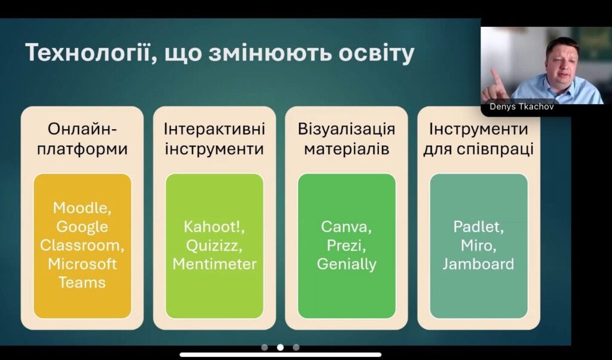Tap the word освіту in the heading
(376, 53)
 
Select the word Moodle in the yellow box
(82, 208)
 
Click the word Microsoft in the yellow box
(82, 264)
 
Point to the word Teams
(82, 282)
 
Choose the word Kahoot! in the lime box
(215, 227)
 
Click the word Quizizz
(215, 246)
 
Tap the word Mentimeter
(215, 264)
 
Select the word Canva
(346, 227)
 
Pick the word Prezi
(346, 246)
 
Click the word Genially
(346, 264)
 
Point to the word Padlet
(479, 227)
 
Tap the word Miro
(479, 246)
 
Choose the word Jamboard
(479, 264)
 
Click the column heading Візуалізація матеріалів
(346, 139)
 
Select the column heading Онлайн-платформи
(82, 139)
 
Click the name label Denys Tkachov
(521, 106)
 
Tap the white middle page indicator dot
(280, 347)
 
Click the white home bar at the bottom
(280, 355)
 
